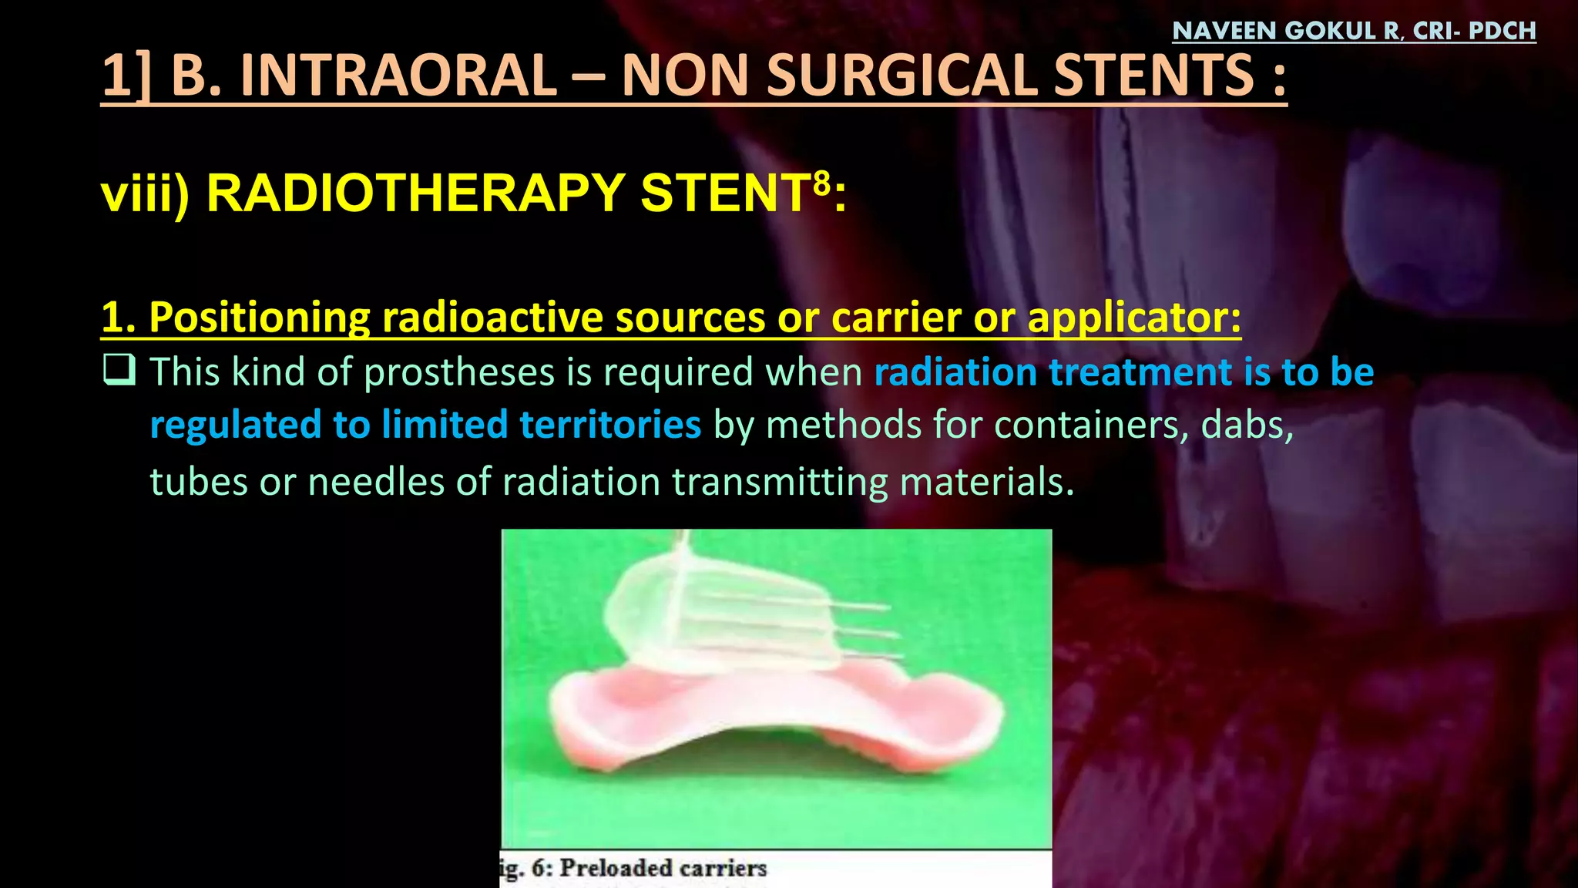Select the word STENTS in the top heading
point(1153,76)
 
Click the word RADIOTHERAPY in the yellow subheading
point(415,193)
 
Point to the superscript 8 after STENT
point(822,183)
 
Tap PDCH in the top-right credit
point(1502,31)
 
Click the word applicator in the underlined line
point(1134,318)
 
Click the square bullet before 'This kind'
point(119,370)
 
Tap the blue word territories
point(610,425)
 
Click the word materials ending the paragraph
point(986,482)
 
